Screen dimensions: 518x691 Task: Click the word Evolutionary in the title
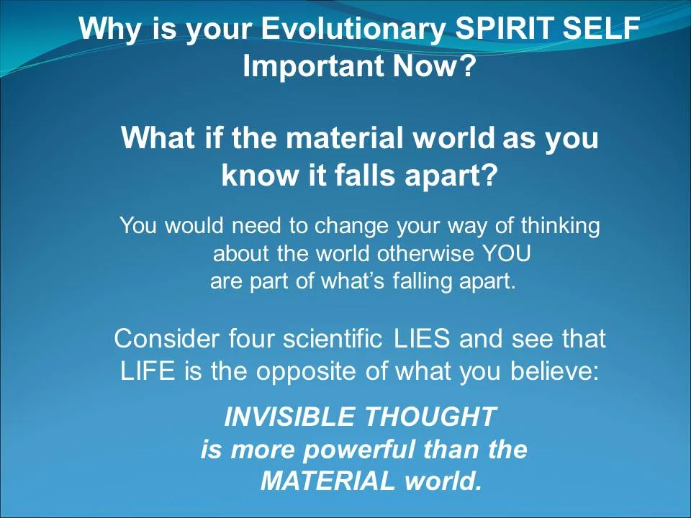[x=353, y=30]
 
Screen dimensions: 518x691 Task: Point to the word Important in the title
[x=313, y=67]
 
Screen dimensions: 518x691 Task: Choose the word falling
[x=423, y=281]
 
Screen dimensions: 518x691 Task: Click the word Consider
[x=167, y=337]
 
